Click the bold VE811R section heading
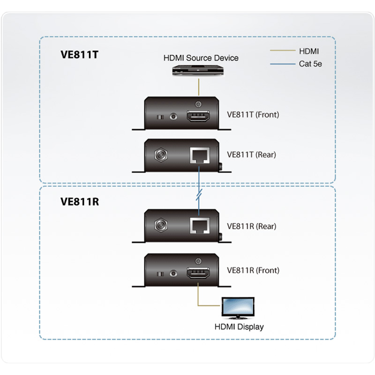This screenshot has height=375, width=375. tap(79, 202)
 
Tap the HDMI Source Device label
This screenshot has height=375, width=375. tap(201, 58)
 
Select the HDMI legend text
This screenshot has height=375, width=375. tap(308, 51)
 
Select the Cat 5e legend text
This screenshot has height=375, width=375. tap(310, 64)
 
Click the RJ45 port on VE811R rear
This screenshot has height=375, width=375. tap(199, 226)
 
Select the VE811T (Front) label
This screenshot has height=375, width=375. tap(253, 114)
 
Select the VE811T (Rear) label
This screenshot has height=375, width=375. tap(251, 154)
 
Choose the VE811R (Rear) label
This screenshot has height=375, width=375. tap(251, 226)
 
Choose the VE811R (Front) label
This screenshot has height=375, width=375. tap(253, 270)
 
